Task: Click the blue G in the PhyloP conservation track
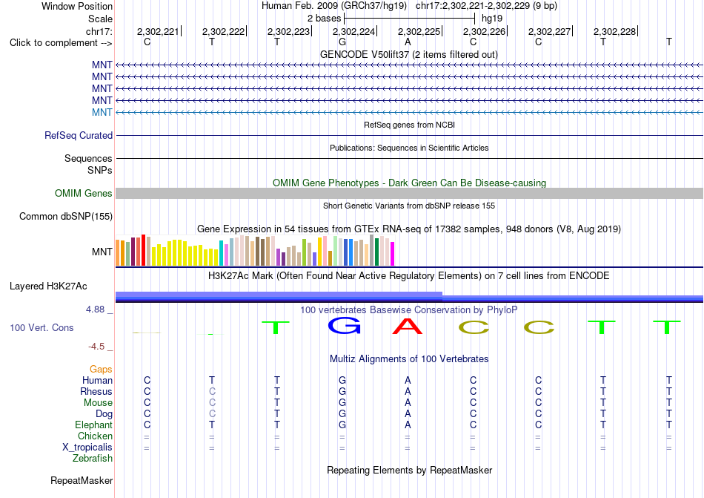pos(344,326)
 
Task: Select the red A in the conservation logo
pos(408,326)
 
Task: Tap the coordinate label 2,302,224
pos(353,31)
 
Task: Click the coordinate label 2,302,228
pos(614,31)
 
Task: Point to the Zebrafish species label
pos(93,459)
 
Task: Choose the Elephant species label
pos(94,425)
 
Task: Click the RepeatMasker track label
pos(82,480)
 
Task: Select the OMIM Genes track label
pos(84,193)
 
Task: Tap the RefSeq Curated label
pos(79,135)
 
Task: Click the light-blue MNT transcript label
pos(102,112)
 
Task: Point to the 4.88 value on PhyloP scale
pos(95,309)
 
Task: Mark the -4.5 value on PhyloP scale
pos(96,347)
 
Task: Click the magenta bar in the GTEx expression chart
pos(393,254)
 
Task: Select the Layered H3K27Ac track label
pos(48,286)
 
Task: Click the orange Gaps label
pos(101,369)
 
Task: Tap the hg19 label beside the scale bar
pos(492,19)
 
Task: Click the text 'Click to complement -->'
pos(61,43)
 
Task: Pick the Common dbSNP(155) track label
pos(66,216)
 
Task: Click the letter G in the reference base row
pos(342,42)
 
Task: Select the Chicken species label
pos(95,436)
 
